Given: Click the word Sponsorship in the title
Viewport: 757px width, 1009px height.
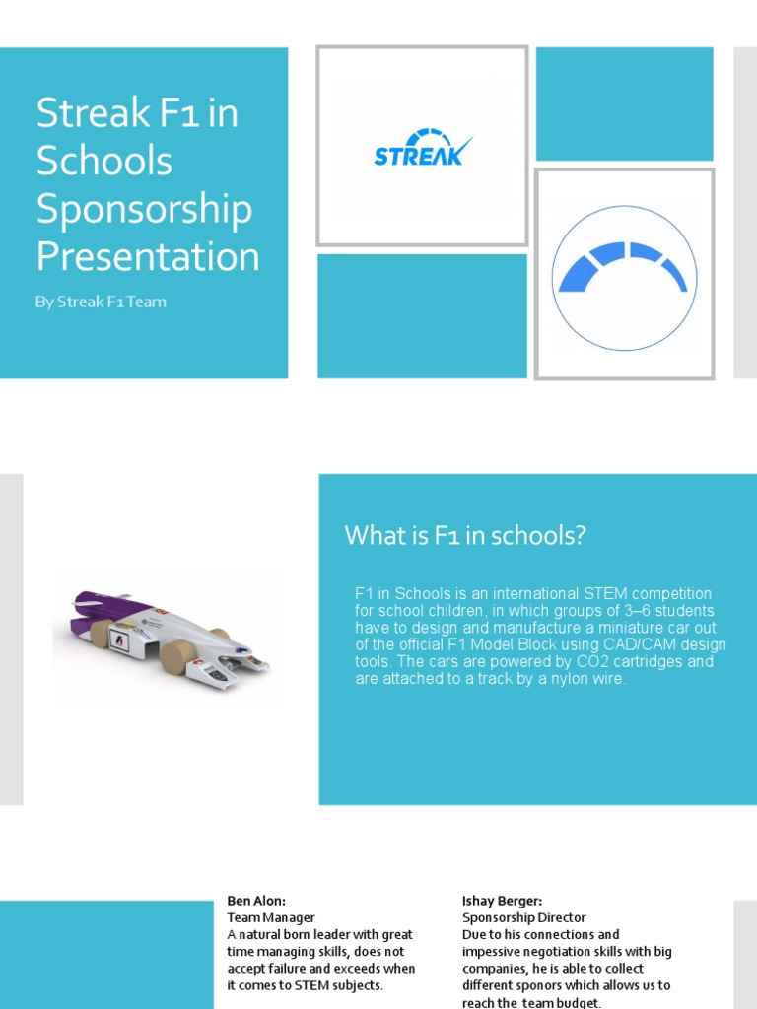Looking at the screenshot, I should [144, 209].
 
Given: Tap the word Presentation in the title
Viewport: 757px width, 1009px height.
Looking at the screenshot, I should [148, 257].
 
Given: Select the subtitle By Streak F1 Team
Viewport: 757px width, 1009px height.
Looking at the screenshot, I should [101, 303].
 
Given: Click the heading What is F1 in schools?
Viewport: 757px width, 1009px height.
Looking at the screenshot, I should [465, 536].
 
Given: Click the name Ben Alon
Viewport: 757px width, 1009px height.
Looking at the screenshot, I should [256, 901].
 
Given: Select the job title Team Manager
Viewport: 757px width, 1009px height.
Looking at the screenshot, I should [271, 917].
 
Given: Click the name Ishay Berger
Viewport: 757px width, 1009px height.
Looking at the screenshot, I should [503, 901].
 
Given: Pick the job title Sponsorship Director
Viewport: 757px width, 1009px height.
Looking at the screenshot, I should [524, 917].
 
